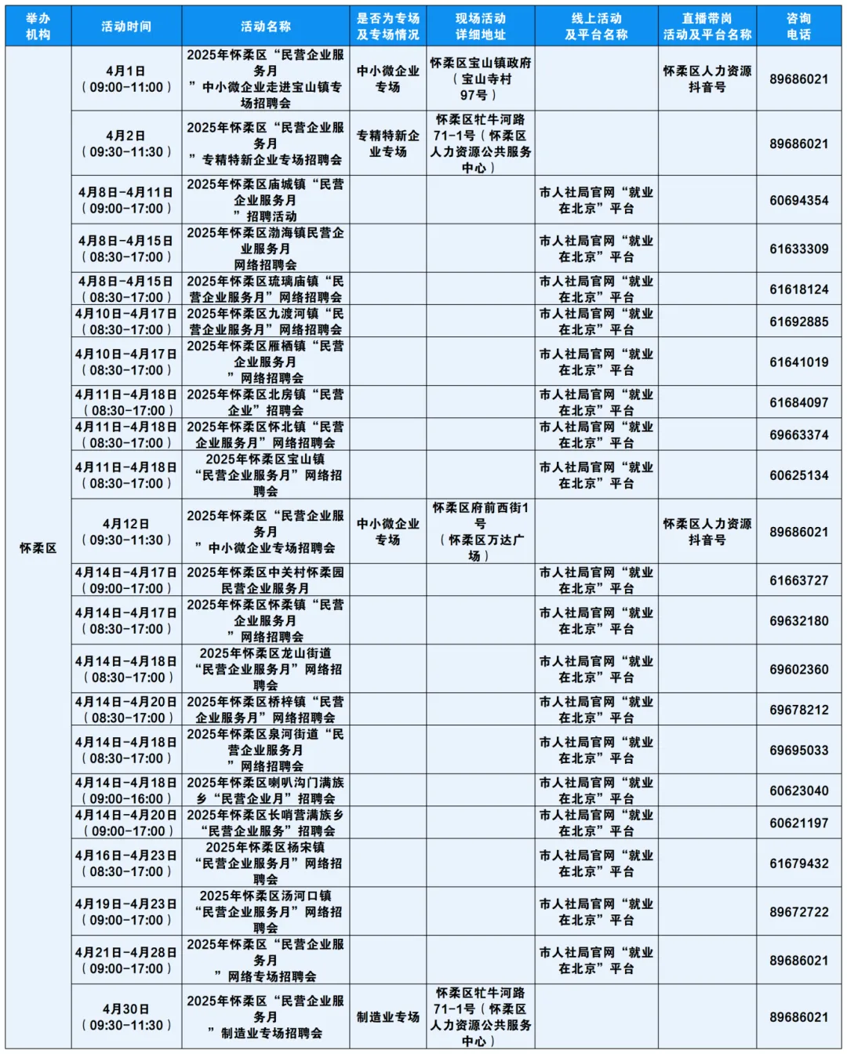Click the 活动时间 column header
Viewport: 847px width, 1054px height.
click(x=125, y=27)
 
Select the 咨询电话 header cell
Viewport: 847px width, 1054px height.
click(x=798, y=27)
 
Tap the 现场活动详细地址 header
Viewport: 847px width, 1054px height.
click(x=480, y=27)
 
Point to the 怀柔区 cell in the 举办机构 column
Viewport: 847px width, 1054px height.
click(x=38, y=547)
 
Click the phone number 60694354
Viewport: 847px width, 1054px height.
click(x=798, y=201)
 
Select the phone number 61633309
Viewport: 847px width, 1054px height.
click(x=798, y=249)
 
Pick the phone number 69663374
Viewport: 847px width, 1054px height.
click(x=798, y=434)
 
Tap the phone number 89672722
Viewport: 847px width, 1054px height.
click(x=798, y=912)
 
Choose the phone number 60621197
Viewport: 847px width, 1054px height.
click(x=798, y=823)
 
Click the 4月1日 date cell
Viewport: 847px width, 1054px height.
click(x=125, y=79)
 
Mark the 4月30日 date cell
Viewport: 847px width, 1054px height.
click(x=125, y=1017)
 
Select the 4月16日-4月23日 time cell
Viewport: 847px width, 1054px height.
click(x=125, y=863)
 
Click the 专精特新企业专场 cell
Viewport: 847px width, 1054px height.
click(x=387, y=144)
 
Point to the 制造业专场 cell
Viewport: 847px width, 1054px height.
click(x=387, y=1017)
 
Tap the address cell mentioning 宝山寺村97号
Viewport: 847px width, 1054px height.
click(x=480, y=79)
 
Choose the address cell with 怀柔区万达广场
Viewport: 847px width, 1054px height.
click(x=480, y=532)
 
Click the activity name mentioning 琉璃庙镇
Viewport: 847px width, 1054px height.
click(x=265, y=289)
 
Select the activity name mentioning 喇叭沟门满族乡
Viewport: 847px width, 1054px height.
click(x=265, y=790)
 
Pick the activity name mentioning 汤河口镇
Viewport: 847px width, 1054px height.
click(x=265, y=912)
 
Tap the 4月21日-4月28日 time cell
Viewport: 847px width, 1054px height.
click(x=125, y=961)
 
